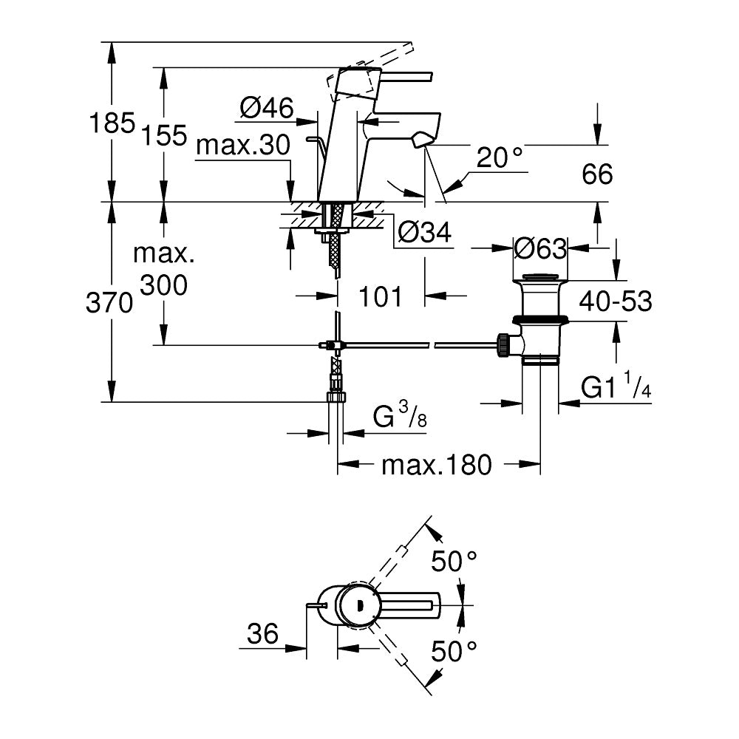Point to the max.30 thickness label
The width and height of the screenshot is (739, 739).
[x=242, y=147]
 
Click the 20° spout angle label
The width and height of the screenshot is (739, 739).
[x=500, y=157]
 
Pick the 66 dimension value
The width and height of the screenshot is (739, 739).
[x=597, y=175]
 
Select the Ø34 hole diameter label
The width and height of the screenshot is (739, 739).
[x=423, y=233]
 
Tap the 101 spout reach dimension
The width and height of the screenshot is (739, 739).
[x=381, y=297]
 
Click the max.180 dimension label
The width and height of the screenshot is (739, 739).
[x=436, y=466]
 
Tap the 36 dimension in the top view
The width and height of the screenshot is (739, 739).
[x=262, y=633]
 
